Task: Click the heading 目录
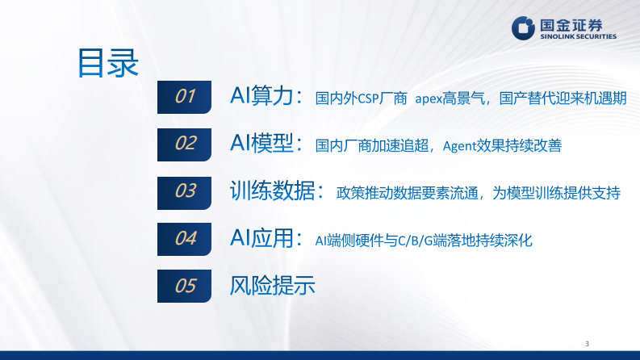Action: tap(107, 63)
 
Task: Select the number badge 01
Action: tap(186, 97)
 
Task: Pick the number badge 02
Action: tap(186, 144)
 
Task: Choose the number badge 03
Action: tap(186, 190)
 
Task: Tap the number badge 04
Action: tap(186, 238)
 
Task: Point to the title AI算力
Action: tap(261, 98)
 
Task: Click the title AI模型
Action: tap(261, 144)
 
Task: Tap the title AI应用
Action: tap(261, 238)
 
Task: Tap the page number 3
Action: tap(588, 343)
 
